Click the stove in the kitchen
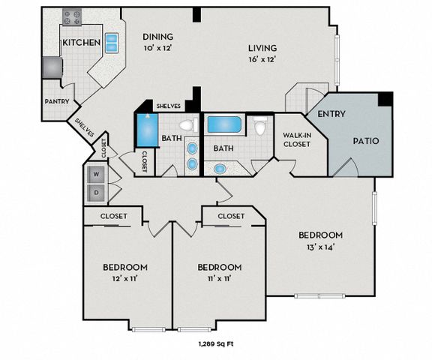click(x=72, y=16)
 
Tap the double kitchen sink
click(x=112, y=43)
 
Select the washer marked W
click(x=96, y=174)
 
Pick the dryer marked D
click(x=96, y=193)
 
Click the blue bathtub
click(x=224, y=124)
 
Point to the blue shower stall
click(x=147, y=130)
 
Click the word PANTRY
click(x=57, y=101)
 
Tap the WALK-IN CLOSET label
click(x=297, y=139)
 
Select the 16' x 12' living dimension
click(x=262, y=59)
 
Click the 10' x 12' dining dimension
click(x=157, y=48)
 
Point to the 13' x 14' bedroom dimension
click(x=320, y=247)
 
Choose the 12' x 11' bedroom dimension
click(x=125, y=279)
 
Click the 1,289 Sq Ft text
click(x=216, y=343)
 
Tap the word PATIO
click(x=366, y=141)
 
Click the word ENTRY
click(x=331, y=114)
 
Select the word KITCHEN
click(x=82, y=43)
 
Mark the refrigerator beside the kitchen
click(x=52, y=67)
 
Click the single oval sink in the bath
click(x=220, y=169)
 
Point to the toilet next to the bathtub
click(x=259, y=126)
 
